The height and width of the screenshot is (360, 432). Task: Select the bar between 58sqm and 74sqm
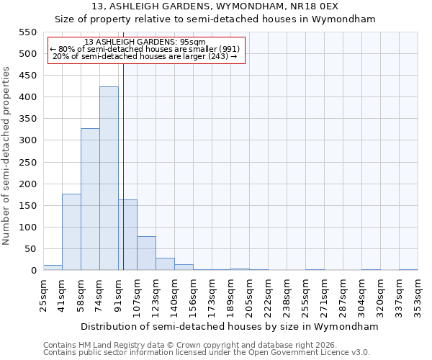click(90, 199)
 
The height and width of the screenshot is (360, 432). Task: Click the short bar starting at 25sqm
click(53, 268)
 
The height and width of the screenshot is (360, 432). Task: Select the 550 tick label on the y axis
click(27, 32)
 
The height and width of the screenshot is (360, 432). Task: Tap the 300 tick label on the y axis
click(27, 140)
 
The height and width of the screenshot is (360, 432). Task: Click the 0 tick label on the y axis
click(33, 271)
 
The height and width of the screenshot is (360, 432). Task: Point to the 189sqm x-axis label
click(230, 295)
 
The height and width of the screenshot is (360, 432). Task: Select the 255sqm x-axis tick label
click(305, 295)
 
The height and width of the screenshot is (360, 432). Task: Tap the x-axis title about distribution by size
click(229, 326)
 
